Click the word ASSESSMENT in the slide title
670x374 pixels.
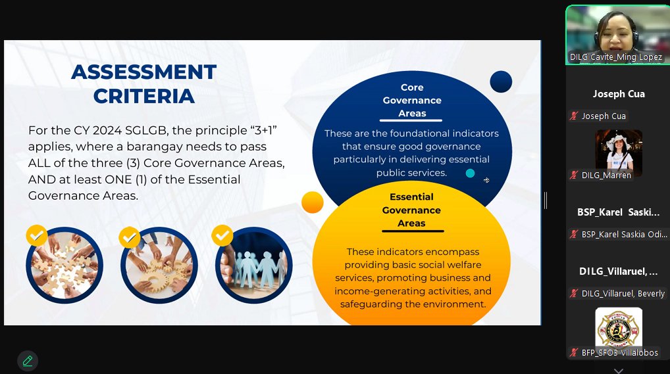[x=144, y=72]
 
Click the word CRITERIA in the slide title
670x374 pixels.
[x=144, y=96]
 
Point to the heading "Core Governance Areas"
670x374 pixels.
[x=412, y=101]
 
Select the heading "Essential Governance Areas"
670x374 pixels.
[x=411, y=210]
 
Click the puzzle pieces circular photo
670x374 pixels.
[x=64, y=265]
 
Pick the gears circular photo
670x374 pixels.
[x=159, y=265]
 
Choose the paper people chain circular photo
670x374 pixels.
[x=254, y=265]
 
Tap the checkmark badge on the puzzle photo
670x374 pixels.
[x=37, y=235]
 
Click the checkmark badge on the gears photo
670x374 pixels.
[x=130, y=237]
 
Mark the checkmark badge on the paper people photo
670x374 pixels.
[x=222, y=235]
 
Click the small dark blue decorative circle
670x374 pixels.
[x=501, y=82]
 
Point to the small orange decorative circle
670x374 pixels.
[x=313, y=202]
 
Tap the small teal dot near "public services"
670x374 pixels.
[x=470, y=174]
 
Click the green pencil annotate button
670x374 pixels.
[x=28, y=361]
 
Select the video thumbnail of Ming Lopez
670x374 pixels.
[x=618, y=35]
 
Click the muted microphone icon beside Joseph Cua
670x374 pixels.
[x=574, y=116]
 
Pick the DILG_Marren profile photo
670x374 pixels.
[x=619, y=152]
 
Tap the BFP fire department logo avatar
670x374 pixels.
[x=619, y=329]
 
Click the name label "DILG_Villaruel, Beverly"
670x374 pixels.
[x=623, y=293]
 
